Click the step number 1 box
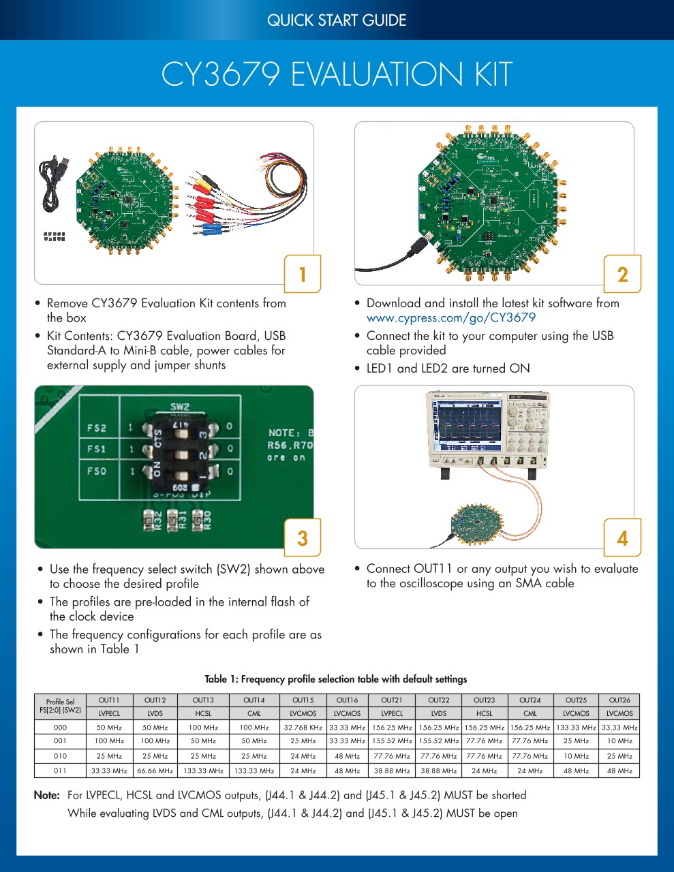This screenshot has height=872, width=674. point(303,274)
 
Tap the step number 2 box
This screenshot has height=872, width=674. point(622,274)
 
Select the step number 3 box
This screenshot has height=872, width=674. point(303,538)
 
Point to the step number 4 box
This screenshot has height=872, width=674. point(622,538)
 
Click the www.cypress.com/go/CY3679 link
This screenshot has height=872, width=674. point(451,317)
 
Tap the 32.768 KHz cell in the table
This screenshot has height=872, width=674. point(303,728)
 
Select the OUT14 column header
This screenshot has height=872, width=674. point(254,700)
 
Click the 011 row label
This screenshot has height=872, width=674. point(61,771)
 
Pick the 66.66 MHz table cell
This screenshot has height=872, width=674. point(155,771)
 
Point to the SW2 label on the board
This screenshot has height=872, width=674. point(179,407)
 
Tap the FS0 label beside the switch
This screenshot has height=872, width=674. point(97,471)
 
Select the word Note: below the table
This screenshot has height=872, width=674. point(47,795)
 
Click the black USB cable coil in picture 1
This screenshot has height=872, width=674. point(52,184)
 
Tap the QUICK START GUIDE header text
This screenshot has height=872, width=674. point(337,20)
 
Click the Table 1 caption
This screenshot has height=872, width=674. point(336,679)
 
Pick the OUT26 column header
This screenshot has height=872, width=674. point(619,700)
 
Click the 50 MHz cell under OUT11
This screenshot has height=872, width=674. point(109,728)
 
